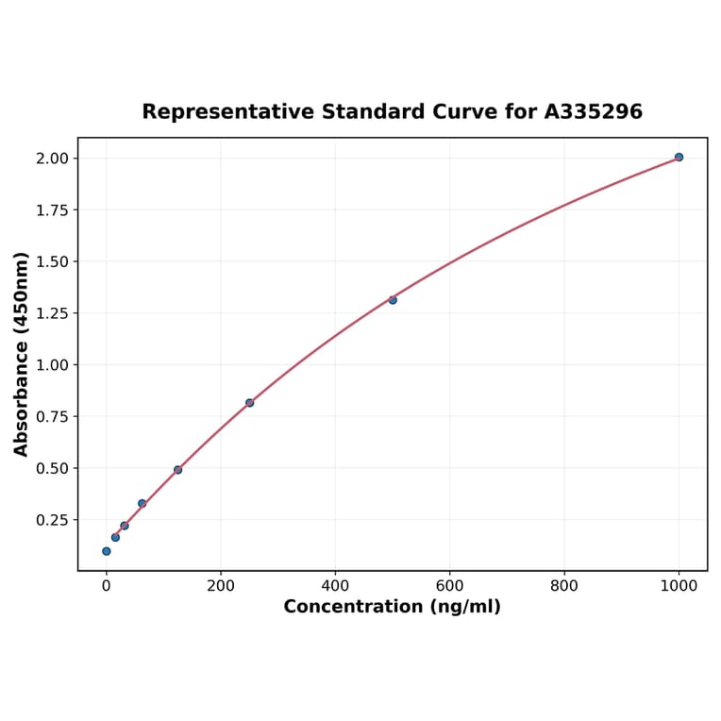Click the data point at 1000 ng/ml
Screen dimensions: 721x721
(679, 157)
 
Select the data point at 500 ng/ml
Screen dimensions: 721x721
(393, 300)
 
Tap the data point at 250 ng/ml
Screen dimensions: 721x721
(249, 403)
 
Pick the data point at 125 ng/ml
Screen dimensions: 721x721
(177, 469)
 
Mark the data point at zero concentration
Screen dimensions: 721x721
(106, 551)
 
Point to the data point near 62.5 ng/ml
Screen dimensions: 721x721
(142, 503)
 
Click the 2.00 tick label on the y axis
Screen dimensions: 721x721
(52, 158)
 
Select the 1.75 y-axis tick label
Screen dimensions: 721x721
(52, 210)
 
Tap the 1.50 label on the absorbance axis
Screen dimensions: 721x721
(52, 261)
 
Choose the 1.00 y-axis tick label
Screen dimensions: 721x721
(52, 364)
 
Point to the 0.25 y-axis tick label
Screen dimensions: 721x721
(52, 520)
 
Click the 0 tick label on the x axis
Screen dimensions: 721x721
(106, 585)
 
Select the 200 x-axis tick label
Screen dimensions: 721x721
(221, 585)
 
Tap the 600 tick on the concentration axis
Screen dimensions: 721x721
(450, 585)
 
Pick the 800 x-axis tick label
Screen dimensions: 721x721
(564, 585)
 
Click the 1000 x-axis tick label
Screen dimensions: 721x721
(679, 585)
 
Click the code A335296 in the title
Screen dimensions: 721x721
(593, 111)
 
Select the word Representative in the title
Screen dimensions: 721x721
(228, 111)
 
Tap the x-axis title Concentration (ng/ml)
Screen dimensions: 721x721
(392, 607)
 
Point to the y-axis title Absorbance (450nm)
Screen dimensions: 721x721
(22, 354)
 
